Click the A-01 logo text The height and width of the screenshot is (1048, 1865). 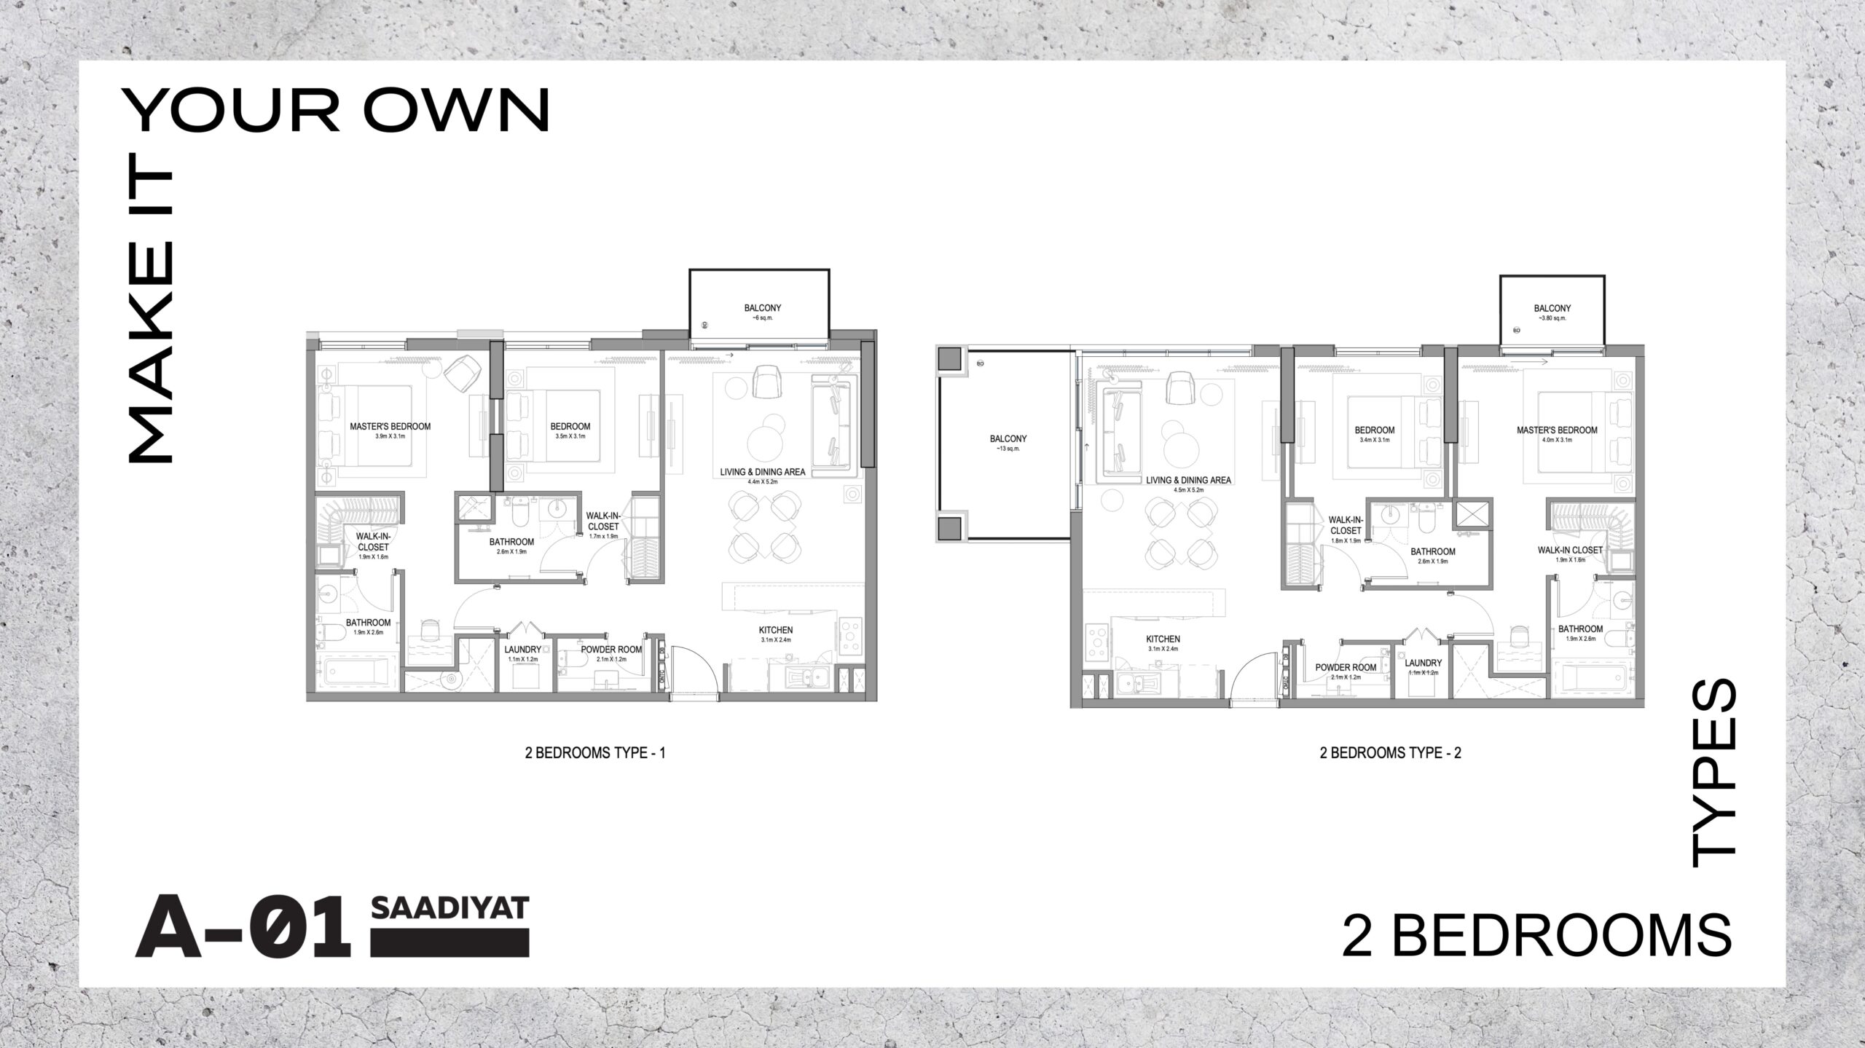(243, 930)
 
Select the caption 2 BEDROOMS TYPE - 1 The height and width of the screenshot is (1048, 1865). (594, 754)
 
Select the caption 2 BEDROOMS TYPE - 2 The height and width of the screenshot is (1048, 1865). (1390, 754)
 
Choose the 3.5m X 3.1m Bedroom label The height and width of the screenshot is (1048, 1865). (570, 430)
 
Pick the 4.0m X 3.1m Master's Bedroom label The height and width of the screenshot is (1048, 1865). (1557, 434)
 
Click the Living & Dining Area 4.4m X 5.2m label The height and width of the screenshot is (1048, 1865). (762, 476)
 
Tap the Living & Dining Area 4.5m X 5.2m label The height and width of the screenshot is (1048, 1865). (1188, 484)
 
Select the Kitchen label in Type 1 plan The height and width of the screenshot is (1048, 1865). (775, 634)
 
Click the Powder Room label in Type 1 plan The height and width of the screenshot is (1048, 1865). (610, 653)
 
